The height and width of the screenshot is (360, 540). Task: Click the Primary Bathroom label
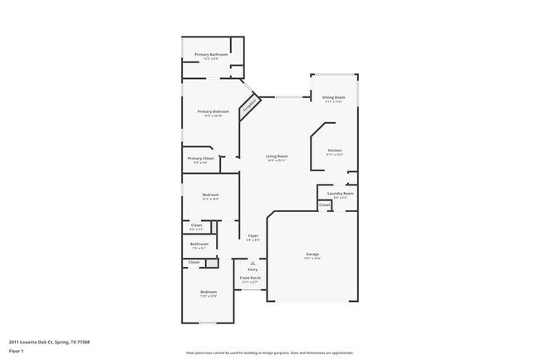(212, 54)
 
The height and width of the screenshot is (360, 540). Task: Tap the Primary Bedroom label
(213, 111)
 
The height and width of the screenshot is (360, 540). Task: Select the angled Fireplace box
(248, 106)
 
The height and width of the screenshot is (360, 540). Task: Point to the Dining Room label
(334, 97)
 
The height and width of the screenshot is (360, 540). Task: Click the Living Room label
(277, 156)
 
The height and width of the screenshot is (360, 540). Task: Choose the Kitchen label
(334, 150)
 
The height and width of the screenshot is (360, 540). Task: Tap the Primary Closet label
(200, 158)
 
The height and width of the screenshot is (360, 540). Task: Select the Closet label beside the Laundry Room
(324, 205)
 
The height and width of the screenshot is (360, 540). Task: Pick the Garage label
(312, 254)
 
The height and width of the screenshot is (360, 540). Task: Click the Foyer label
(253, 236)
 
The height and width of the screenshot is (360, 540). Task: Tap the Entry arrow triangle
(253, 261)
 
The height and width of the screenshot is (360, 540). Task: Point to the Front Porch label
(251, 279)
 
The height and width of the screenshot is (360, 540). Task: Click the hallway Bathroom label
(199, 244)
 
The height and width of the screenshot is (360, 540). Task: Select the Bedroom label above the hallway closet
(211, 195)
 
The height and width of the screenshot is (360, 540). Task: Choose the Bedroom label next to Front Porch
(208, 292)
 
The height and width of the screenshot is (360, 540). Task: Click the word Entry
(253, 269)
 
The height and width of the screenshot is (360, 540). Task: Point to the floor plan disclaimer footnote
(270, 353)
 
